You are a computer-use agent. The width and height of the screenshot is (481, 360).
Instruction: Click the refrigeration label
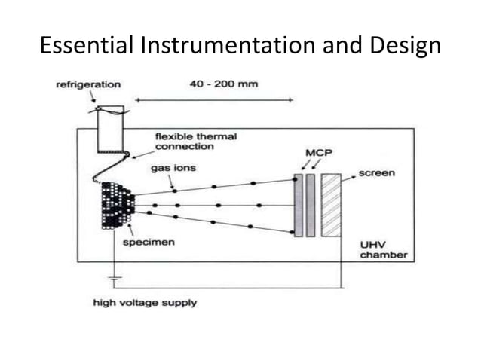(x=87, y=84)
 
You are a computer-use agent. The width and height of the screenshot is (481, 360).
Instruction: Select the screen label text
(x=377, y=173)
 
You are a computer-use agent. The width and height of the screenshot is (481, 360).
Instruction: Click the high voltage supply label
(x=145, y=302)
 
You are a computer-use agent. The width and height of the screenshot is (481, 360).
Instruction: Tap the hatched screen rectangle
(x=332, y=206)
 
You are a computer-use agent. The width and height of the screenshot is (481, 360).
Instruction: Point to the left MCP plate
(x=299, y=206)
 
